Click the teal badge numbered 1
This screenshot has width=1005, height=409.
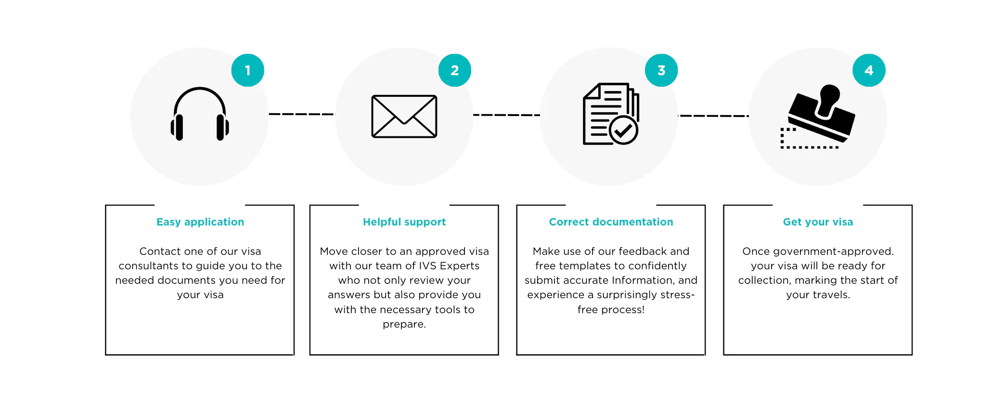point(248,70)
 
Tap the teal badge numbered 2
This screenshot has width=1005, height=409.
point(455,70)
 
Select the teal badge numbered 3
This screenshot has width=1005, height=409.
point(661,70)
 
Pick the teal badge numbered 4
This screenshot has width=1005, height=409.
point(869,70)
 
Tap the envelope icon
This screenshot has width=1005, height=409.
point(404,116)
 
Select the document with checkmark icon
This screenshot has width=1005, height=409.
point(611,114)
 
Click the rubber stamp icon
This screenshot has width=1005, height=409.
point(818,116)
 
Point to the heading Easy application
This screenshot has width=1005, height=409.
point(200,222)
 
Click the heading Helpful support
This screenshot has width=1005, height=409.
point(404,222)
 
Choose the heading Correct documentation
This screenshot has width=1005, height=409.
point(611,222)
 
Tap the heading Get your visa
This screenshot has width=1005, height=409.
point(818,222)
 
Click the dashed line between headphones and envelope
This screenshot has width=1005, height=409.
point(301,114)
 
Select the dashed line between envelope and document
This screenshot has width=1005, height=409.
point(506,115)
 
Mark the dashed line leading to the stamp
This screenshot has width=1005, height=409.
point(714,116)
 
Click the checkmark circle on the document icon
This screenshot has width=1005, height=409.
point(623,130)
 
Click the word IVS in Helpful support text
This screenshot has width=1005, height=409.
point(427,266)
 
